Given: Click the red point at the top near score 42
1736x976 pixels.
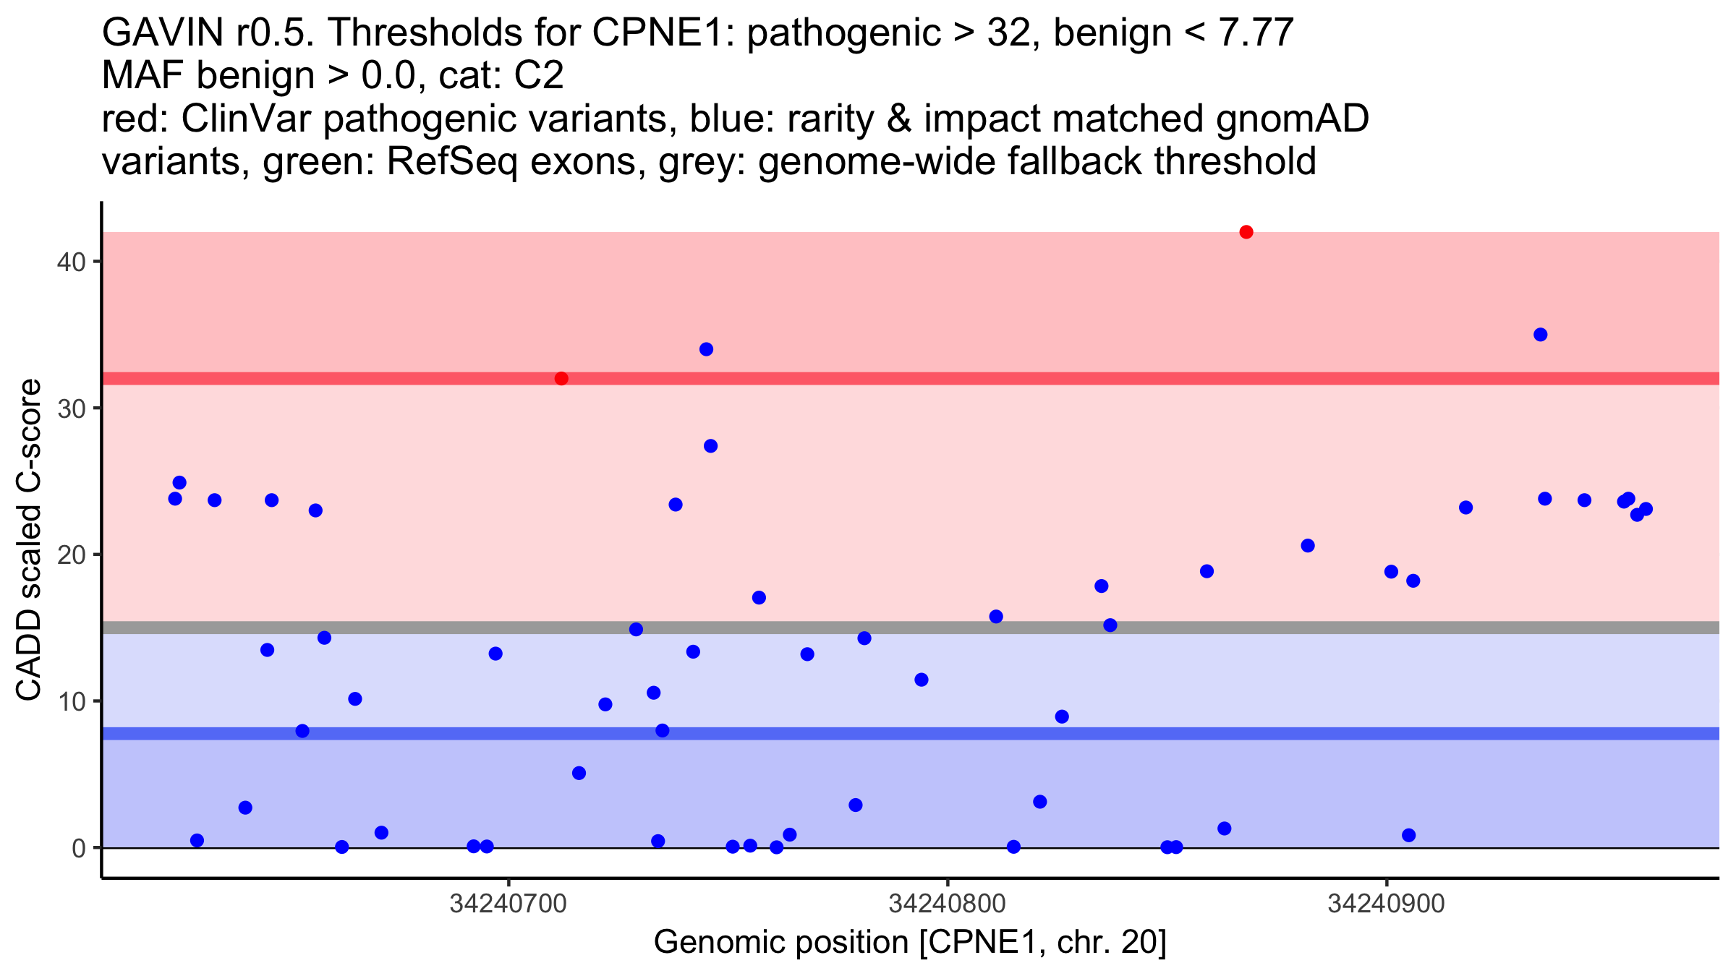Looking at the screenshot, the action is (x=1246, y=232).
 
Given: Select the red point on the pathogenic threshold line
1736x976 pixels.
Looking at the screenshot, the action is (x=561, y=379).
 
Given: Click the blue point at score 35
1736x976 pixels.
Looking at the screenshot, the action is (x=1540, y=335).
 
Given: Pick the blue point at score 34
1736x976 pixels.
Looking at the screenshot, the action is (x=706, y=350).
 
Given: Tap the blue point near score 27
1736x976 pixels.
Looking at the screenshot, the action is (x=710, y=446).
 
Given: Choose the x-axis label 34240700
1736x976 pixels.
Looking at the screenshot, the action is (x=509, y=904).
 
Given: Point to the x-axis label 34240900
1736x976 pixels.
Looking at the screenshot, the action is (x=1387, y=904).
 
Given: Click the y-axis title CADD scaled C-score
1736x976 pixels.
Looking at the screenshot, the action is (x=29, y=540).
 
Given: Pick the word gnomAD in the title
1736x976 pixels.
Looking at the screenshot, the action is (x=1293, y=119).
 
